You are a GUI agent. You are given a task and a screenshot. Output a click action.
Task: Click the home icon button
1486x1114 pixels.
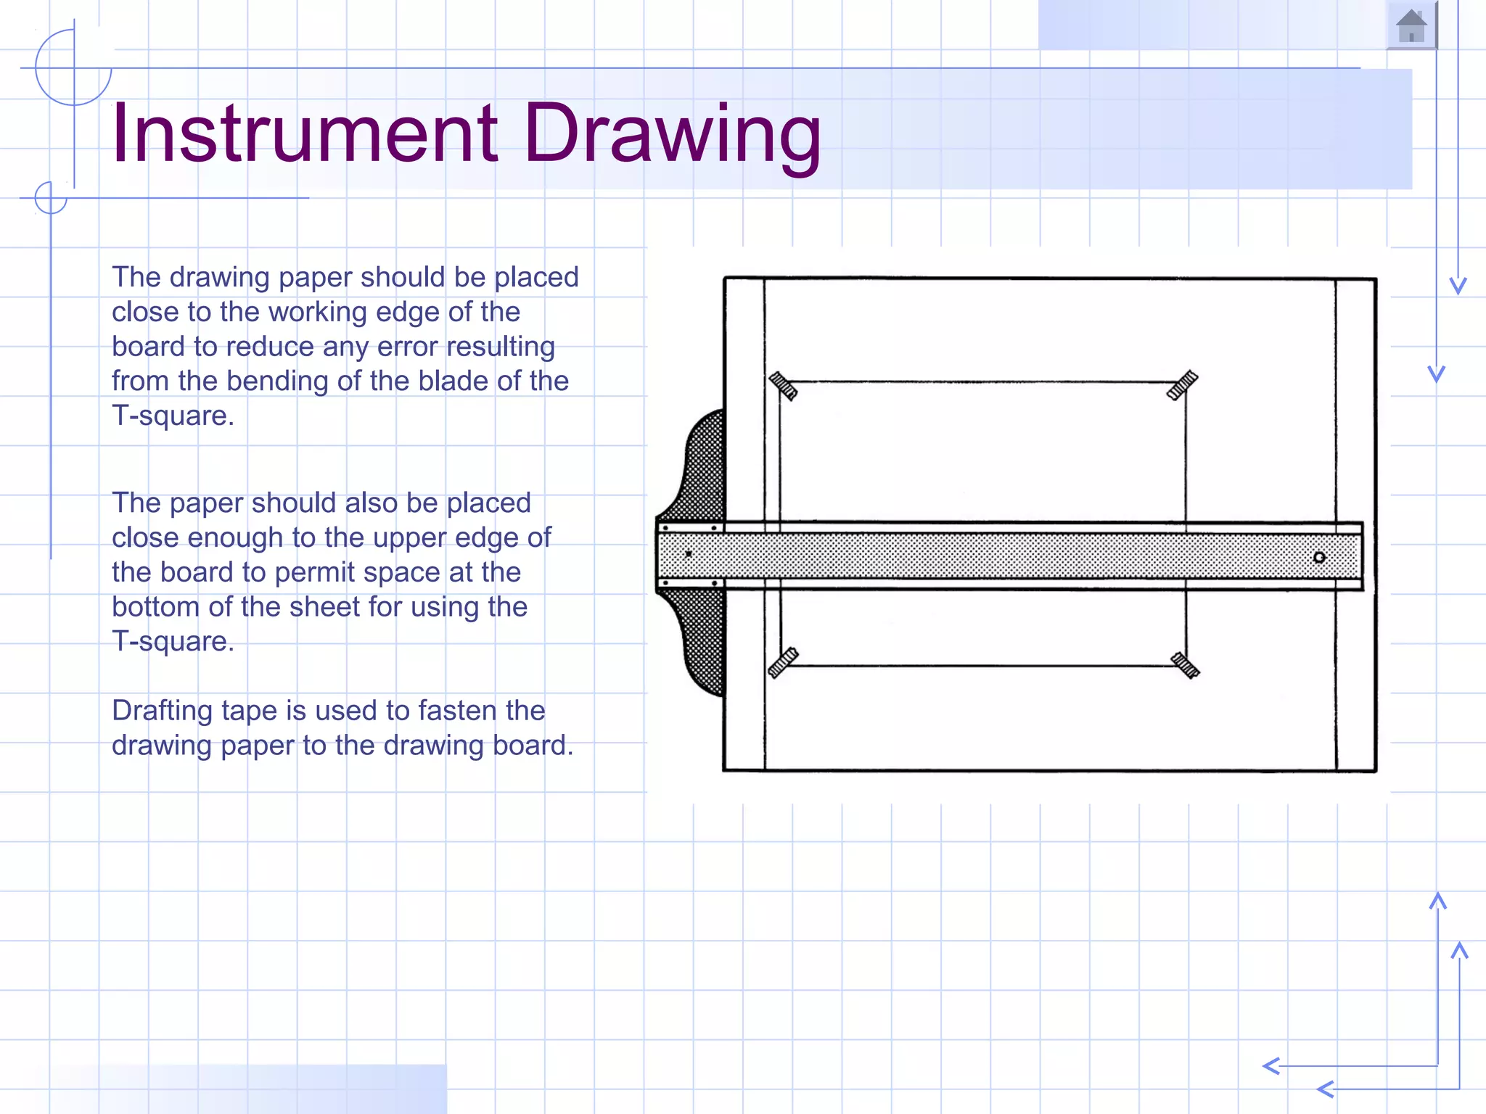point(1411,27)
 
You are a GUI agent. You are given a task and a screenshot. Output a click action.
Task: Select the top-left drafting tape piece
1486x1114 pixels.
point(783,386)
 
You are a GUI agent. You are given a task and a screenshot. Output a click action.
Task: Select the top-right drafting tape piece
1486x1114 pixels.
point(1182,385)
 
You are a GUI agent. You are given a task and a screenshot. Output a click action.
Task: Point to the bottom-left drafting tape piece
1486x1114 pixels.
point(783,662)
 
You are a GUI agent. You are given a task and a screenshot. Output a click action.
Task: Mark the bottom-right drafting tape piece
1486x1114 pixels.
point(1185,664)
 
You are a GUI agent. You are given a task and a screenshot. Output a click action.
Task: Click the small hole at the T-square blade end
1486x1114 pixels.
point(1319,557)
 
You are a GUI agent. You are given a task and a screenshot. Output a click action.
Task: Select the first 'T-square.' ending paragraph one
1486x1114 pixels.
point(173,416)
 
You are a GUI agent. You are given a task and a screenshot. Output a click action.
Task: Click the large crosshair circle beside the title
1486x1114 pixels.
point(73,68)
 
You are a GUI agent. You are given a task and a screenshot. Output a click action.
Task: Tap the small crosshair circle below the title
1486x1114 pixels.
point(51,197)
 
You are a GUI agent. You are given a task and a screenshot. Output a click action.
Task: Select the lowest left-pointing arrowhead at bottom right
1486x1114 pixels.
point(1325,1089)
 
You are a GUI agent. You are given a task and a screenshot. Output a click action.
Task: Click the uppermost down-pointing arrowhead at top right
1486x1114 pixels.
point(1458,286)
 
